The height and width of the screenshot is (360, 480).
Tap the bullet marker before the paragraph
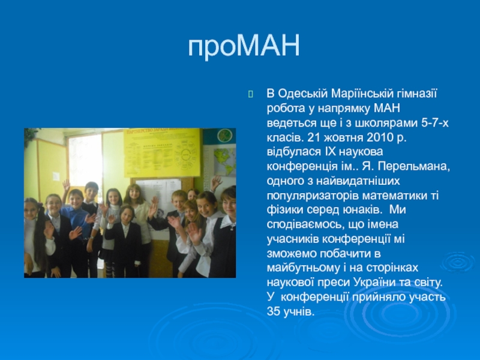[251, 94]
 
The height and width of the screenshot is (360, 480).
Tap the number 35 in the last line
[273, 311]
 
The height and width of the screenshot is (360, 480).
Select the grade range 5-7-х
[434, 123]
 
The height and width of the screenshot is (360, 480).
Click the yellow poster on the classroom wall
[162, 152]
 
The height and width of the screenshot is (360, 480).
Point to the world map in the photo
[224, 161]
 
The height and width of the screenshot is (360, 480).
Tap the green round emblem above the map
[224, 136]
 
